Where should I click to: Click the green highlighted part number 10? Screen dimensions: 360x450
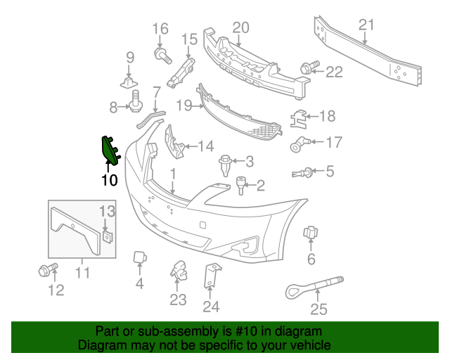110,149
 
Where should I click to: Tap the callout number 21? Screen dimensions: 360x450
366,26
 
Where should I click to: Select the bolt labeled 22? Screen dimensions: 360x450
307,68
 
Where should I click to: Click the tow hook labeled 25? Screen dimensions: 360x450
309,286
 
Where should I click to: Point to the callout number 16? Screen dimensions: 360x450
160,29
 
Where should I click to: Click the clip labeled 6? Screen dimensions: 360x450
310,233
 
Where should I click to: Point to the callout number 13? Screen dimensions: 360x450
106,210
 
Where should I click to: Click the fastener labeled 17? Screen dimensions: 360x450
298,145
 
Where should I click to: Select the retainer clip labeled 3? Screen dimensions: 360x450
225,164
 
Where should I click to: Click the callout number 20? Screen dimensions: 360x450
240,27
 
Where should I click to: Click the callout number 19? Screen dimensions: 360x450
184,105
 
